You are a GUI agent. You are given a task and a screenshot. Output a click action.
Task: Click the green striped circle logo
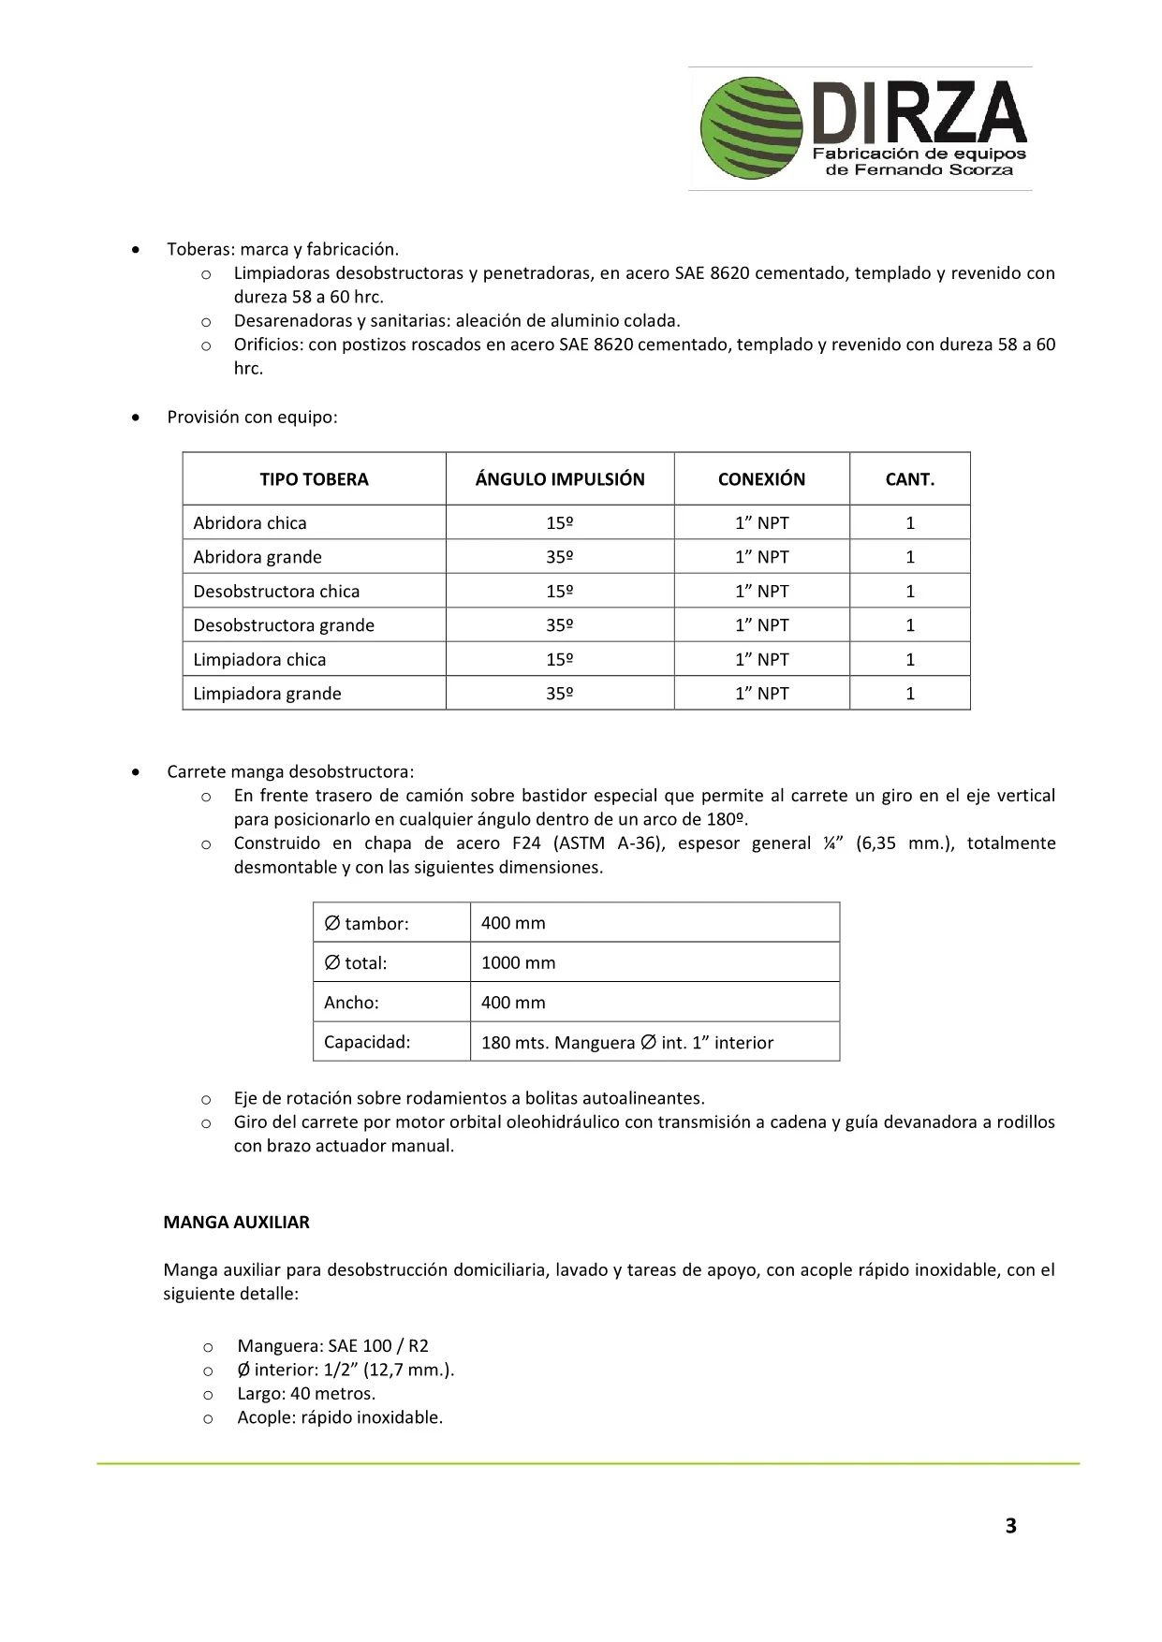752,128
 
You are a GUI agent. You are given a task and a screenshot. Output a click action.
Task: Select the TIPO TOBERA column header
314,479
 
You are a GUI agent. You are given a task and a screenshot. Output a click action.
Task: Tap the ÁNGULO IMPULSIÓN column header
560,479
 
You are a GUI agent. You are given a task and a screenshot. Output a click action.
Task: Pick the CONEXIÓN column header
761,479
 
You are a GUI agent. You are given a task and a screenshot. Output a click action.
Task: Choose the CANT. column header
909,479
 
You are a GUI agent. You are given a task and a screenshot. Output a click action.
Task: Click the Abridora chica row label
250,523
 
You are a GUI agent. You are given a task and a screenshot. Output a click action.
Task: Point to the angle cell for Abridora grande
560,557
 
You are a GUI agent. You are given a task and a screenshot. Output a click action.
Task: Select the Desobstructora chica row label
276,592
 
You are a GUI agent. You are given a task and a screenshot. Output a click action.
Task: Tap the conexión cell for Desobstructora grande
761,625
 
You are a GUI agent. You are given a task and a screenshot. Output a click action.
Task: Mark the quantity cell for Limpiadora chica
909,660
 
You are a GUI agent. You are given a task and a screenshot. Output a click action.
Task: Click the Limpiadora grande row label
267,694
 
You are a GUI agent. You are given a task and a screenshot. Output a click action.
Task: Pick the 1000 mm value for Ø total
518,962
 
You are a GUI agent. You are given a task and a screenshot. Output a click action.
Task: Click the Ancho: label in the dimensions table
351,1003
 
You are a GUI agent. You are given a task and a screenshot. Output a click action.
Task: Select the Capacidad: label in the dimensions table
367,1042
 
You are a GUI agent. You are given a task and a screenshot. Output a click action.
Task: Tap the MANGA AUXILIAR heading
236,1222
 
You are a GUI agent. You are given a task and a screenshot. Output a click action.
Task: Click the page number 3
1010,1526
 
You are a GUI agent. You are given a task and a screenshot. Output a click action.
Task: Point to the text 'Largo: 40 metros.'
306,1394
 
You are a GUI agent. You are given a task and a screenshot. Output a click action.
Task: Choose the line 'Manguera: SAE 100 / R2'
332,1346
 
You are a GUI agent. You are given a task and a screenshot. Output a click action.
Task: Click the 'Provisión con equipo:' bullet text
252,418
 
